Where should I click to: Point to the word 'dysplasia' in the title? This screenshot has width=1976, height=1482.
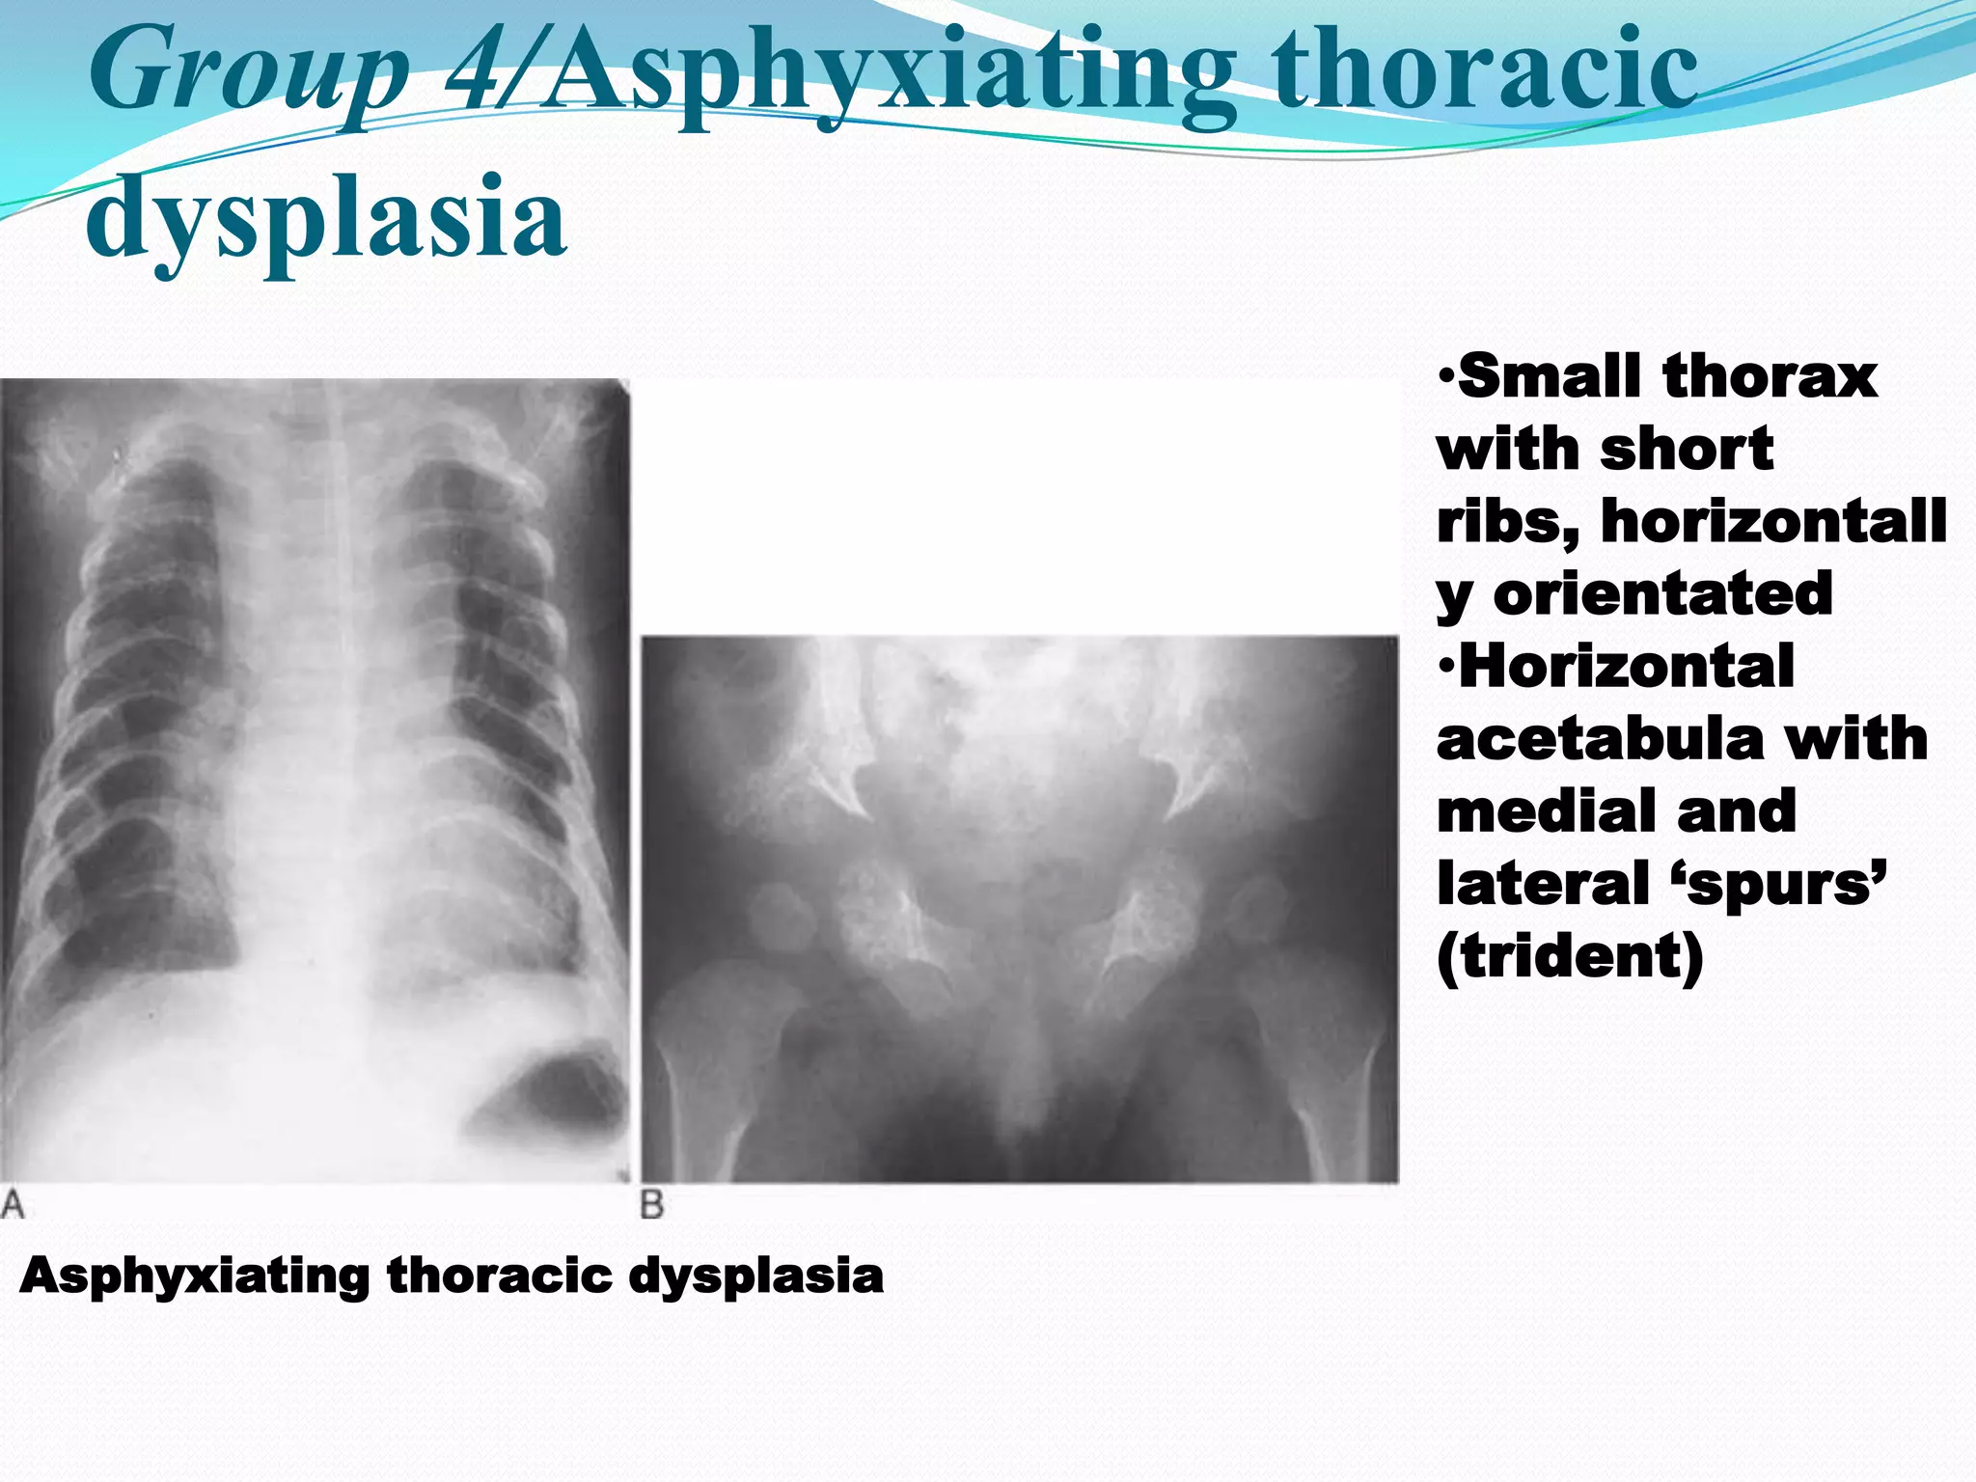coord(326,220)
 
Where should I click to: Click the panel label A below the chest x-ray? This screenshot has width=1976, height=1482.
coord(13,1205)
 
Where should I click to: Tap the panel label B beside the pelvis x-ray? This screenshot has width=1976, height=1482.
coord(652,1205)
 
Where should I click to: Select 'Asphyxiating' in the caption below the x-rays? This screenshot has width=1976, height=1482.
coord(194,1277)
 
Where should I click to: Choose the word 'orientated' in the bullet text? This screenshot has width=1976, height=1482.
coord(1662,594)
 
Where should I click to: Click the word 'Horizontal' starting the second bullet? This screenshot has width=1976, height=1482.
coord(1625,667)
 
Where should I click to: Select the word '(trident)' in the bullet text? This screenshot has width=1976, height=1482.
coord(1570,957)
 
